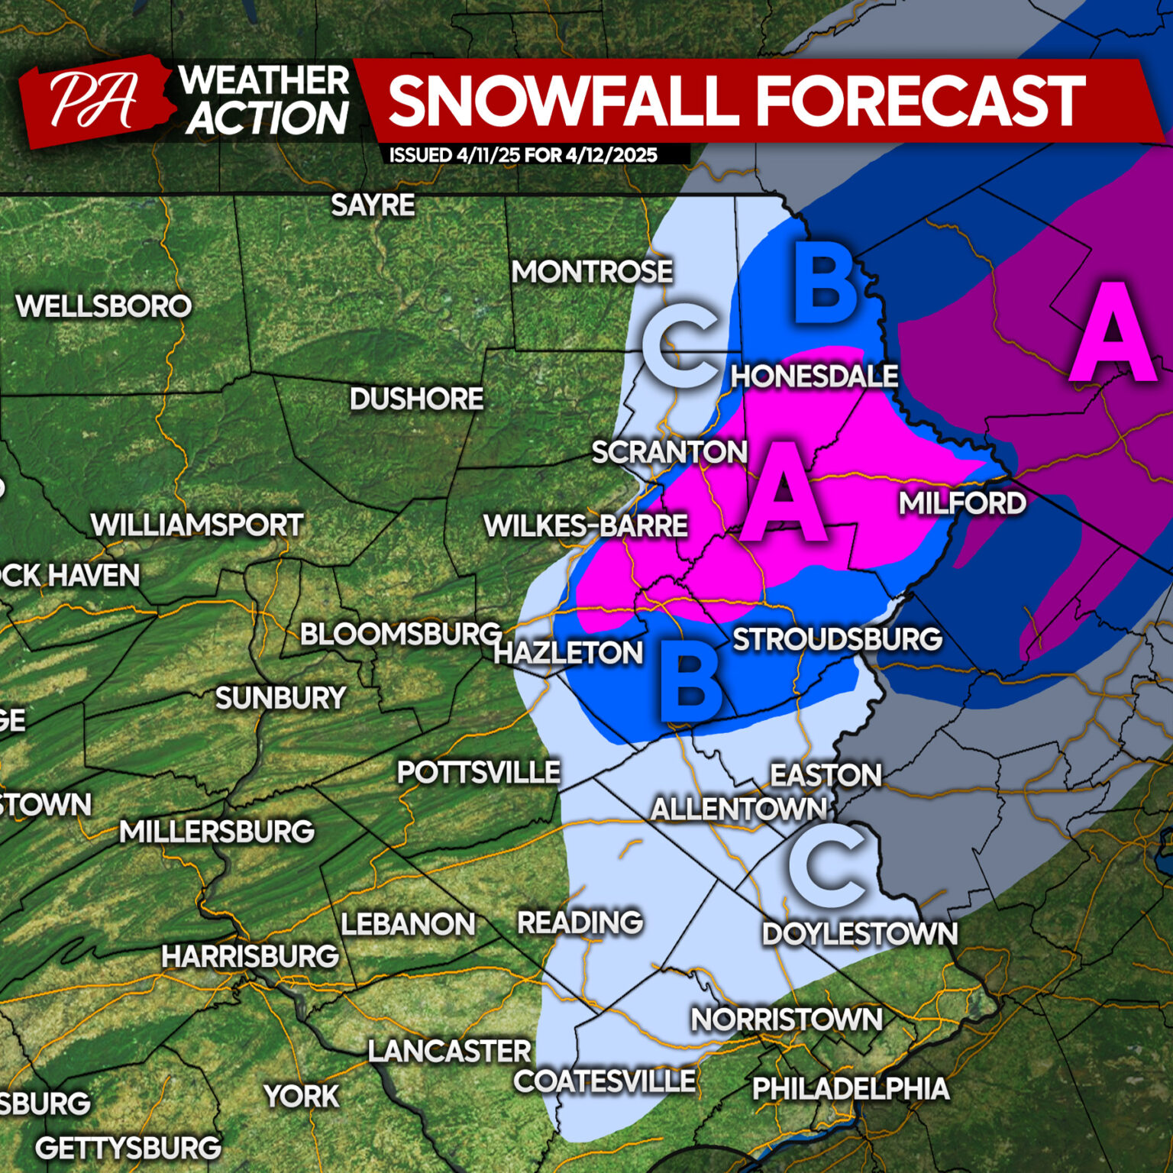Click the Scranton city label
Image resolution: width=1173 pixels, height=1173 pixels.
[669, 452]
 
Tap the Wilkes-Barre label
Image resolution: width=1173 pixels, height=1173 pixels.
[586, 525]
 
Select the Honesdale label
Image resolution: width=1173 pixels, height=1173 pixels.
[814, 376]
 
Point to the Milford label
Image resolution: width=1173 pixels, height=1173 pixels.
[961, 503]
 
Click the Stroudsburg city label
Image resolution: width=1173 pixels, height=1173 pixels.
[837, 639]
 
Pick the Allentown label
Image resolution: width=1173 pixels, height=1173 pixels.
[738, 809]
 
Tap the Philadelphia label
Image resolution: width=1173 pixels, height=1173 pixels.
[850, 1088]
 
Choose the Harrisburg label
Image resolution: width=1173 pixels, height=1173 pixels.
[250, 956]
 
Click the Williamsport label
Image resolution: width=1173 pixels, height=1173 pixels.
[197, 525]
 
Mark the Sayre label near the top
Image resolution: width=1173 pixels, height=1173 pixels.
[373, 205]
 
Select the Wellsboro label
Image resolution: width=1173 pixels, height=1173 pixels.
[104, 306]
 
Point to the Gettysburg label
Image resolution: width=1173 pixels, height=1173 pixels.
[128, 1148]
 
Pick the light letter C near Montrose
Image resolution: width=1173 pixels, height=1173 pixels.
[680, 344]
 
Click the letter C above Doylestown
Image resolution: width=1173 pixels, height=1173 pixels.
[828, 866]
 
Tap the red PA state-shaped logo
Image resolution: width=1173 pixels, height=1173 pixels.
[93, 100]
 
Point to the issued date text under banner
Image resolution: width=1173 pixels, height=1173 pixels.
[523, 155]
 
